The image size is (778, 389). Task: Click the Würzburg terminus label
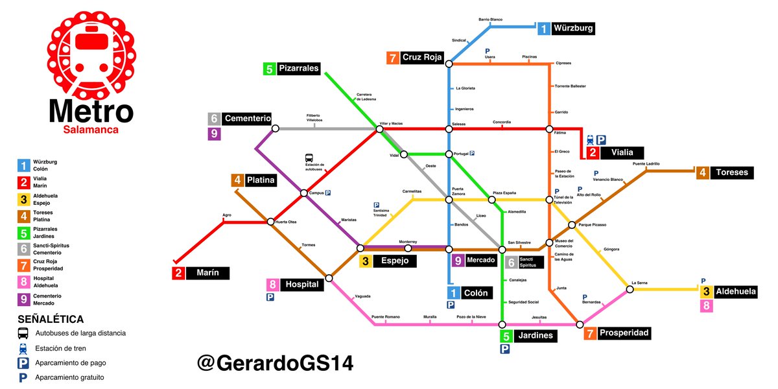[x=573, y=29]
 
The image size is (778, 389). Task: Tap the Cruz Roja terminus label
[x=421, y=57]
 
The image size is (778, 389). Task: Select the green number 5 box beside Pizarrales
[x=269, y=68]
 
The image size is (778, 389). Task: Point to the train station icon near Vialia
[x=590, y=139]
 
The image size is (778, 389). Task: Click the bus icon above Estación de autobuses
[x=310, y=158]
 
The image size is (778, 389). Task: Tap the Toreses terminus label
[x=732, y=172]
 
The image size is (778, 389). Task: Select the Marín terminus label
[x=208, y=273]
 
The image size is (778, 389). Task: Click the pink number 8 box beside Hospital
[x=273, y=285]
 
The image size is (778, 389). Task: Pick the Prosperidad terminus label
[x=622, y=333]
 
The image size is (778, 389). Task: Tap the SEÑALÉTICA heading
[x=51, y=319]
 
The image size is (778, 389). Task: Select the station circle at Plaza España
[x=491, y=200]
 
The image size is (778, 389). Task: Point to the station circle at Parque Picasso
[x=572, y=225]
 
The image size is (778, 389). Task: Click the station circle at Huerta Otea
[x=271, y=222]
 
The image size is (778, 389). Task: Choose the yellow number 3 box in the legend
[x=23, y=198]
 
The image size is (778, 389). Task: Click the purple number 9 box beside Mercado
[x=458, y=261]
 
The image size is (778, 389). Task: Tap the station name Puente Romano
[x=385, y=317]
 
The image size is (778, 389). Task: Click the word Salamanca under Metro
[x=91, y=130]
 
